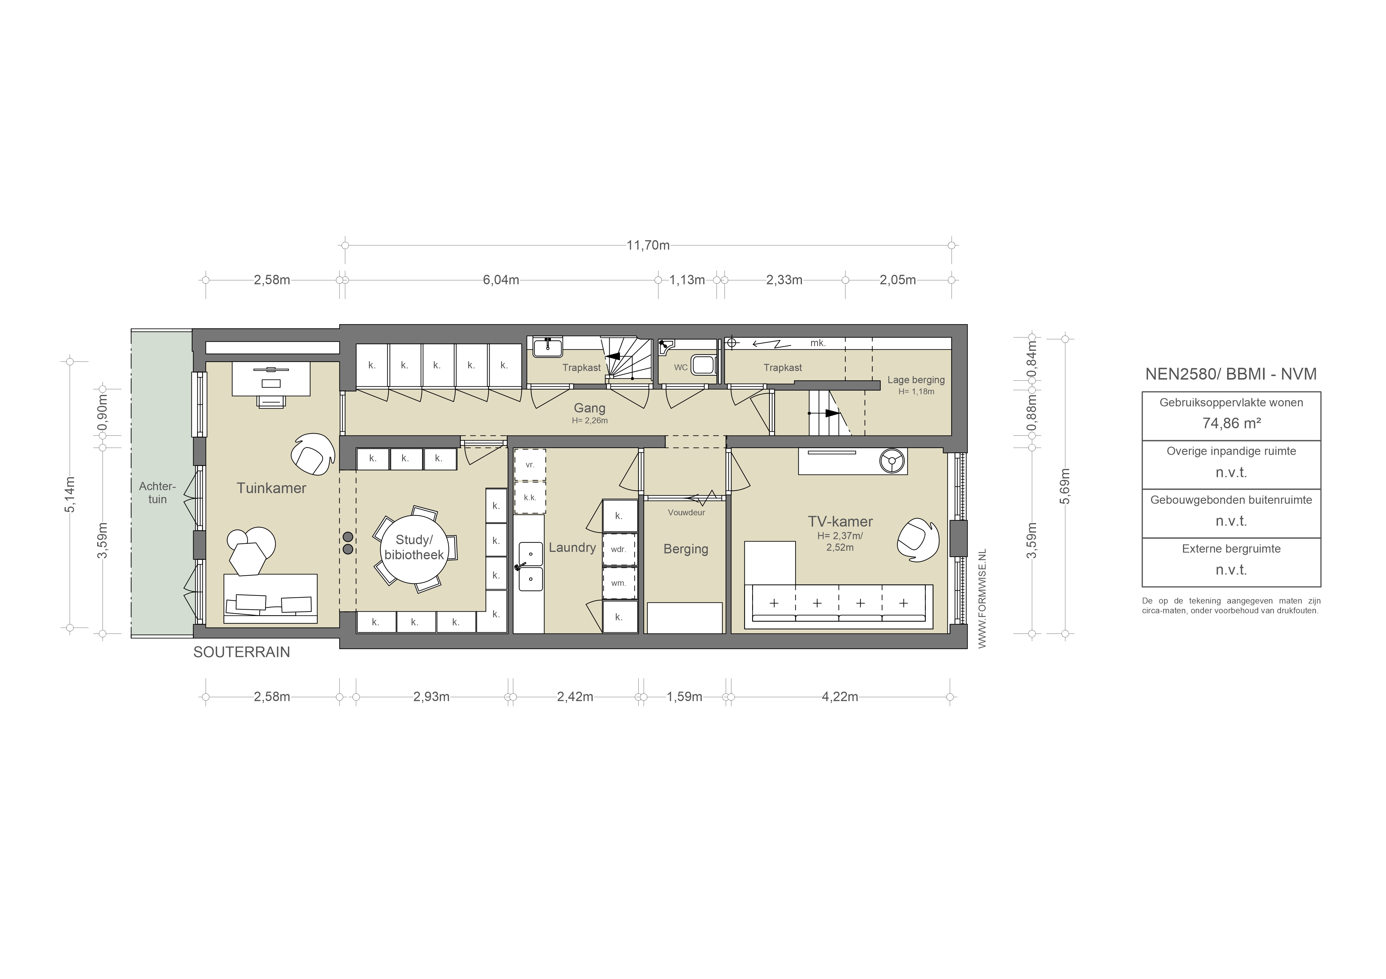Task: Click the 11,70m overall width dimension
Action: click(648, 245)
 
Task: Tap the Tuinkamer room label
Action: click(271, 488)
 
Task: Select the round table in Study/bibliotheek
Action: click(414, 548)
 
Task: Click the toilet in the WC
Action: click(702, 364)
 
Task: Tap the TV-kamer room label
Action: click(840, 522)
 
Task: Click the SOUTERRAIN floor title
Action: click(242, 652)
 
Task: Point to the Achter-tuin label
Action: click(157, 493)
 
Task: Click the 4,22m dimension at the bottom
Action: click(840, 697)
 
